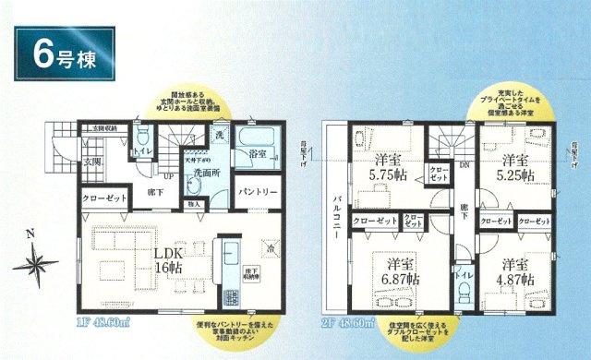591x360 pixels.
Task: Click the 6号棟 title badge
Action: tap(64, 54)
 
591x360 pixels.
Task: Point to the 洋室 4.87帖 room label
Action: tap(513, 270)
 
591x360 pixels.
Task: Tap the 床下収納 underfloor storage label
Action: tap(252, 272)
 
